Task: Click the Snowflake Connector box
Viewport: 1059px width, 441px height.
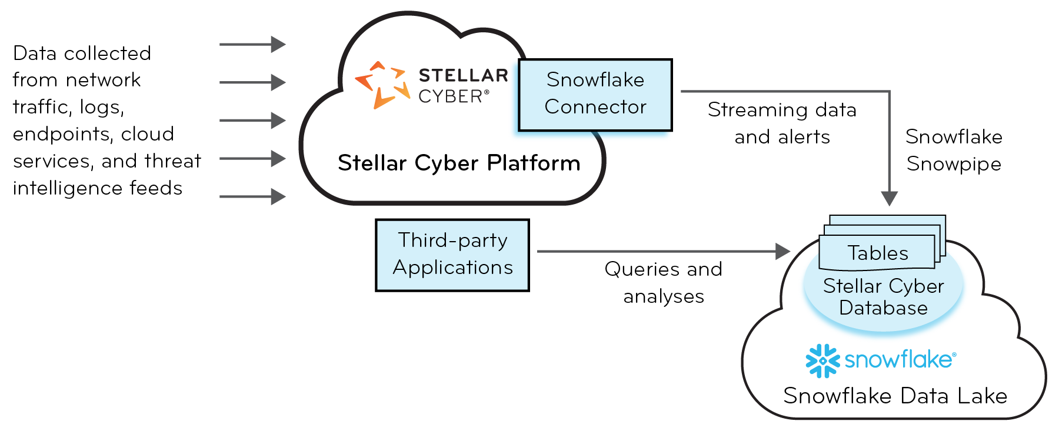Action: (595, 95)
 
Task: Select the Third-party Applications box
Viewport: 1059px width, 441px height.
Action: (452, 255)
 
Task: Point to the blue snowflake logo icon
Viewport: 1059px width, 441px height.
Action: (822, 360)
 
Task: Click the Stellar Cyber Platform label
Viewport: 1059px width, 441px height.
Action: (459, 163)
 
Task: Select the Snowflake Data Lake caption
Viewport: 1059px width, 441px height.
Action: (895, 396)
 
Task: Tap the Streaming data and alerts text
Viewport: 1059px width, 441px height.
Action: (782, 123)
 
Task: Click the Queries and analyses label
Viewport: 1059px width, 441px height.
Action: (663, 282)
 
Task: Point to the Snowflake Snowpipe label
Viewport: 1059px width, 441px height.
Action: (954, 150)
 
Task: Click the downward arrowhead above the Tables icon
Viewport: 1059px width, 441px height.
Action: (890, 198)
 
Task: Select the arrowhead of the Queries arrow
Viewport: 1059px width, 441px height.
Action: (783, 252)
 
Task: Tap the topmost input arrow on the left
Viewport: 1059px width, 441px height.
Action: (252, 44)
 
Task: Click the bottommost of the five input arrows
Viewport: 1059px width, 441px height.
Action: (252, 196)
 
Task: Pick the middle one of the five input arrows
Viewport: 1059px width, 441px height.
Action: (252, 121)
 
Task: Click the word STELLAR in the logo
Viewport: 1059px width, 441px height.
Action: (463, 75)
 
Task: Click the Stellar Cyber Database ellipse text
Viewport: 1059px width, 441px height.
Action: (883, 297)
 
